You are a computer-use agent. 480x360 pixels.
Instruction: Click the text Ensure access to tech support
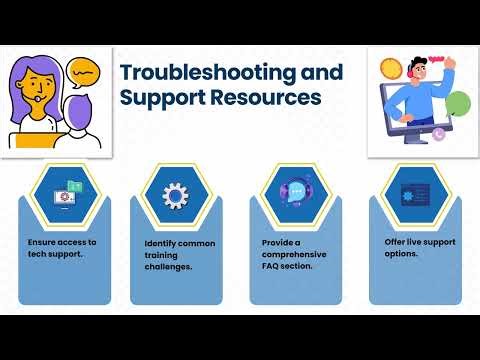[62, 248]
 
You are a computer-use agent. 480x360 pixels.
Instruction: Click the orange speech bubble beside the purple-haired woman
[85, 73]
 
